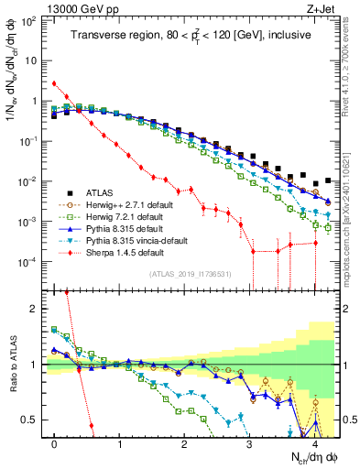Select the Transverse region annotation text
tap(191, 35)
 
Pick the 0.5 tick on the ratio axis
tap(34, 420)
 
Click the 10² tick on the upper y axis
tap(31, 20)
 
